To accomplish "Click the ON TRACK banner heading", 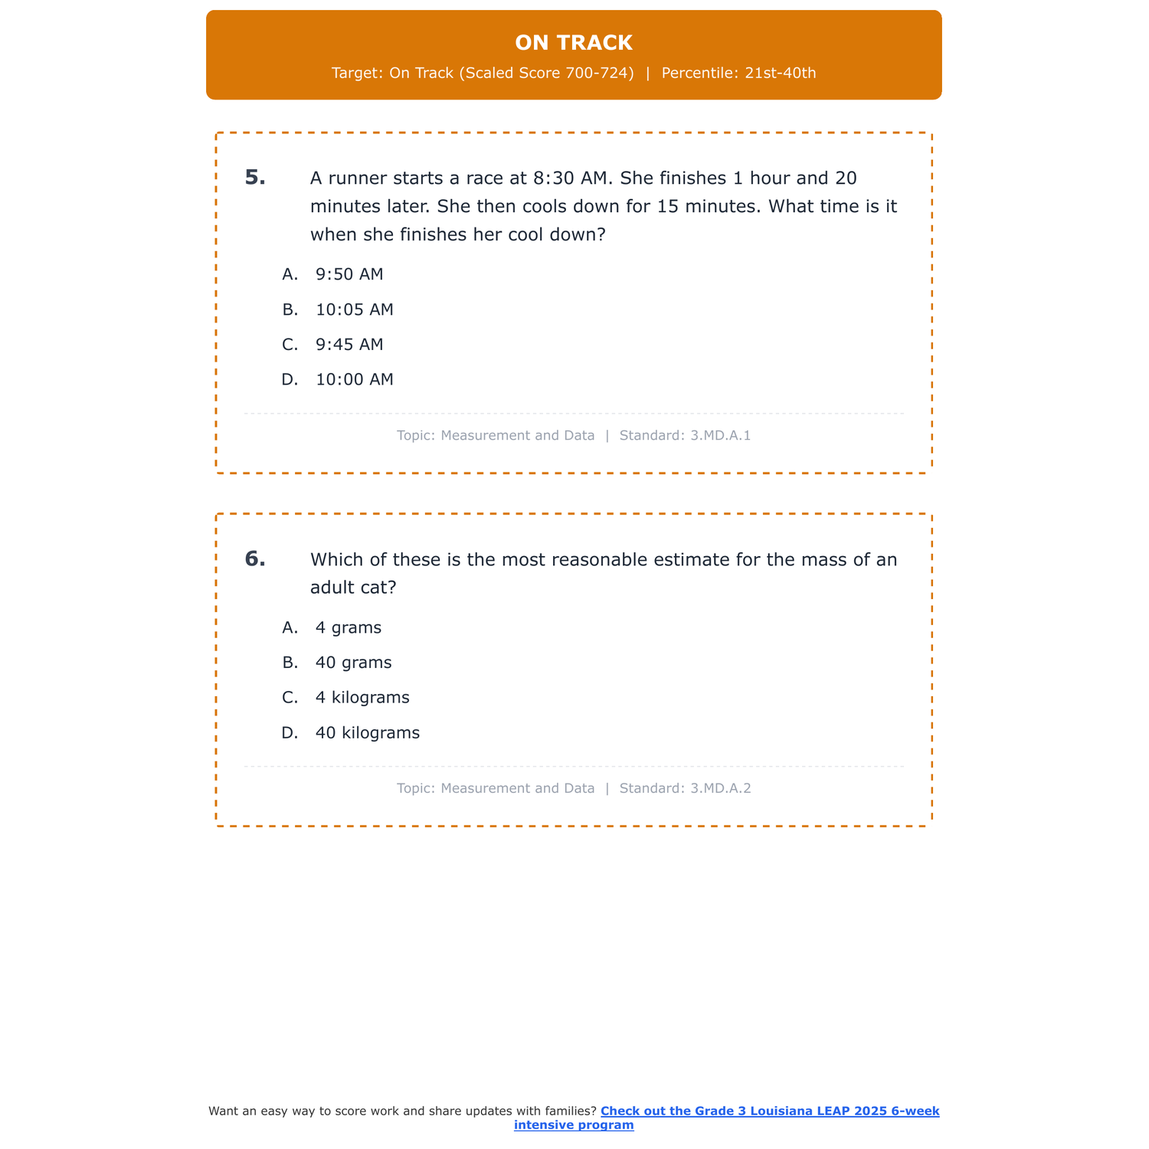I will click(574, 43).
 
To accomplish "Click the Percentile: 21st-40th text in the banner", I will click(738, 74).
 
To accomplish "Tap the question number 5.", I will click(255, 178).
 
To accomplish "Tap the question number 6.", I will click(255, 559).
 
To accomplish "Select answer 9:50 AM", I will click(349, 274).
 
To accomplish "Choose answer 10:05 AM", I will click(354, 309).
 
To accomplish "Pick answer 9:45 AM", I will click(349, 345).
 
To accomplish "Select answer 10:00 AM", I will click(354, 379).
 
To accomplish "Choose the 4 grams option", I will click(348, 627).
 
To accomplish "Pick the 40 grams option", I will click(353, 663).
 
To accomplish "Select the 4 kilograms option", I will click(362, 698).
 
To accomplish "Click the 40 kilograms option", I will click(368, 733).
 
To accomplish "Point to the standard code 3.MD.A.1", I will click(720, 436).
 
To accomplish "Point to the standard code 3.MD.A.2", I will click(720, 788).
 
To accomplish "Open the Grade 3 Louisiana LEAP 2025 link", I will click(769, 1111).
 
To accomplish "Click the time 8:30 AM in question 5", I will click(569, 178).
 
